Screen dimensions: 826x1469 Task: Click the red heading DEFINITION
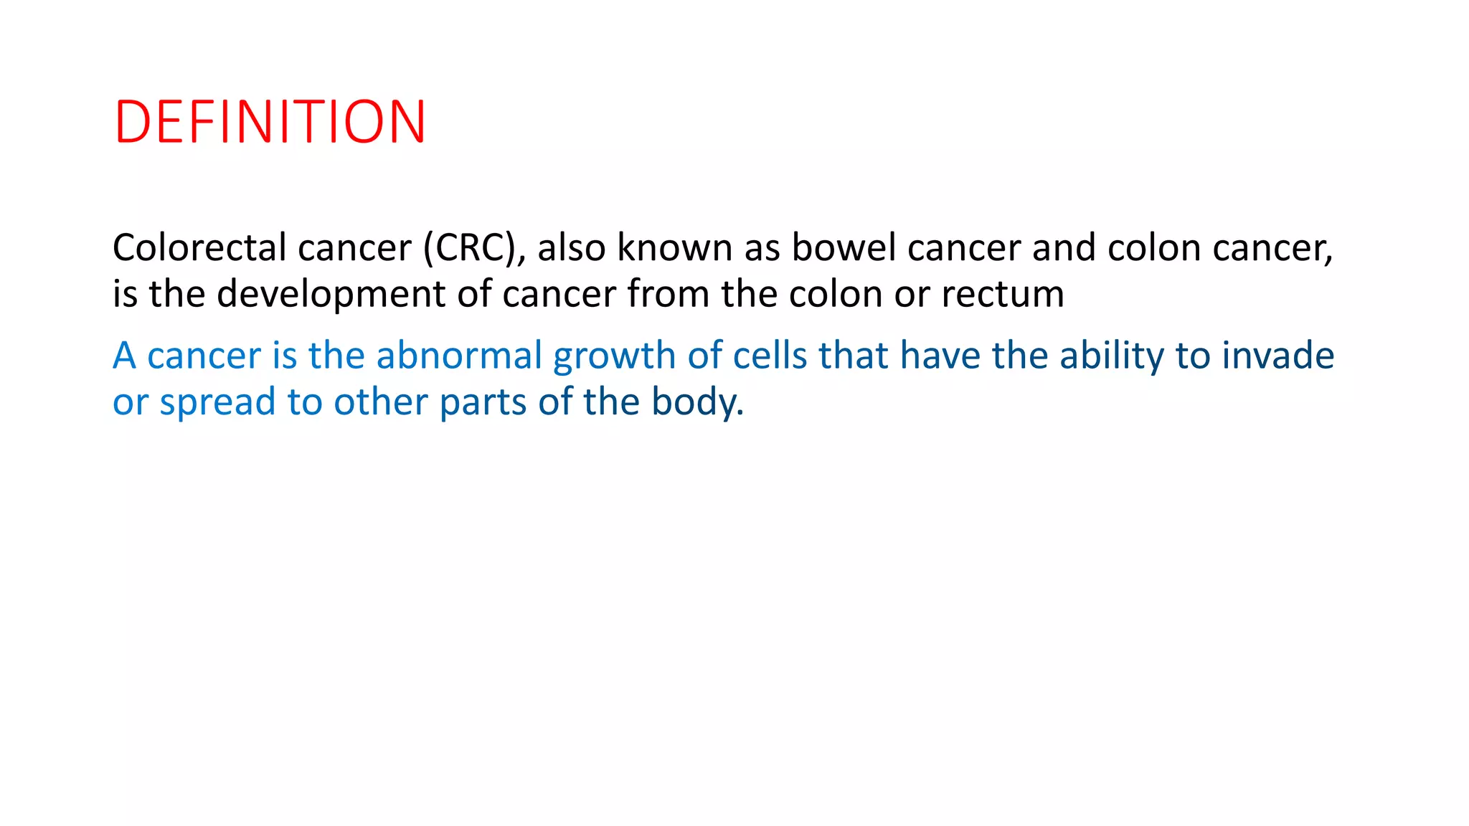pos(270,122)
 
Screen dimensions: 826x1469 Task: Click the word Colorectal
pos(199,248)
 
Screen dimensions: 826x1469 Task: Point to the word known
pos(674,248)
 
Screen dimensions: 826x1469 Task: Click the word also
pos(571,248)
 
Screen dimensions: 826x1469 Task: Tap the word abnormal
pos(459,356)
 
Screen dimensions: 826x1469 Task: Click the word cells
pos(770,356)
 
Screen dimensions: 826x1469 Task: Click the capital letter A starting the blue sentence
pos(124,356)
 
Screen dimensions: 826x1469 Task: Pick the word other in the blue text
pos(380,402)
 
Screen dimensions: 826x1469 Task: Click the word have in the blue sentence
pos(940,356)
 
